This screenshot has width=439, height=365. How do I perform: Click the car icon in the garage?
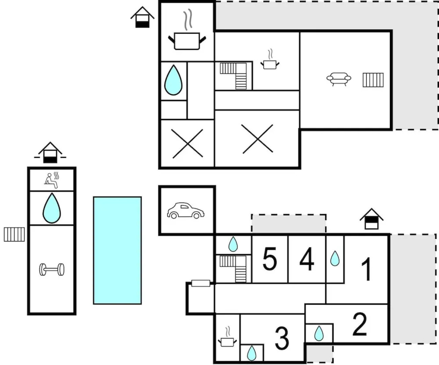(x=186, y=211)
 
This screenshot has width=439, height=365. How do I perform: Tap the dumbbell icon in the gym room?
(x=52, y=269)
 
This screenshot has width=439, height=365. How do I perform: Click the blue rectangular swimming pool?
(x=117, y=250)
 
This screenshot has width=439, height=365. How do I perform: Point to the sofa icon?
(x=339, y=79)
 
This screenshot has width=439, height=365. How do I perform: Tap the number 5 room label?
(x=270, y=259)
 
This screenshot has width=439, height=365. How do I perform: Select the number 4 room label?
(x=307, y=259)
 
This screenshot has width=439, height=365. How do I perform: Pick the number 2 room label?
(x=359, y=324)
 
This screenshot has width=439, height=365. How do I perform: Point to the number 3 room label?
(x=282, y=338)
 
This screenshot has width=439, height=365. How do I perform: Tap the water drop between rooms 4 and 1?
(x=335, y=258)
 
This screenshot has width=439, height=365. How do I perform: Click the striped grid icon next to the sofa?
(x=373, y=80)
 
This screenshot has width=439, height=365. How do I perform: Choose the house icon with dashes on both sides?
(x=50, y=153)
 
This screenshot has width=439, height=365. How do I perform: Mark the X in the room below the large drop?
(x=187, y=143)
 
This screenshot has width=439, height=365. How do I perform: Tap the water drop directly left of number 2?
(x=319, y=334)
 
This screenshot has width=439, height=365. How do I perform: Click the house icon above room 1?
(x=371, y=219)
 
